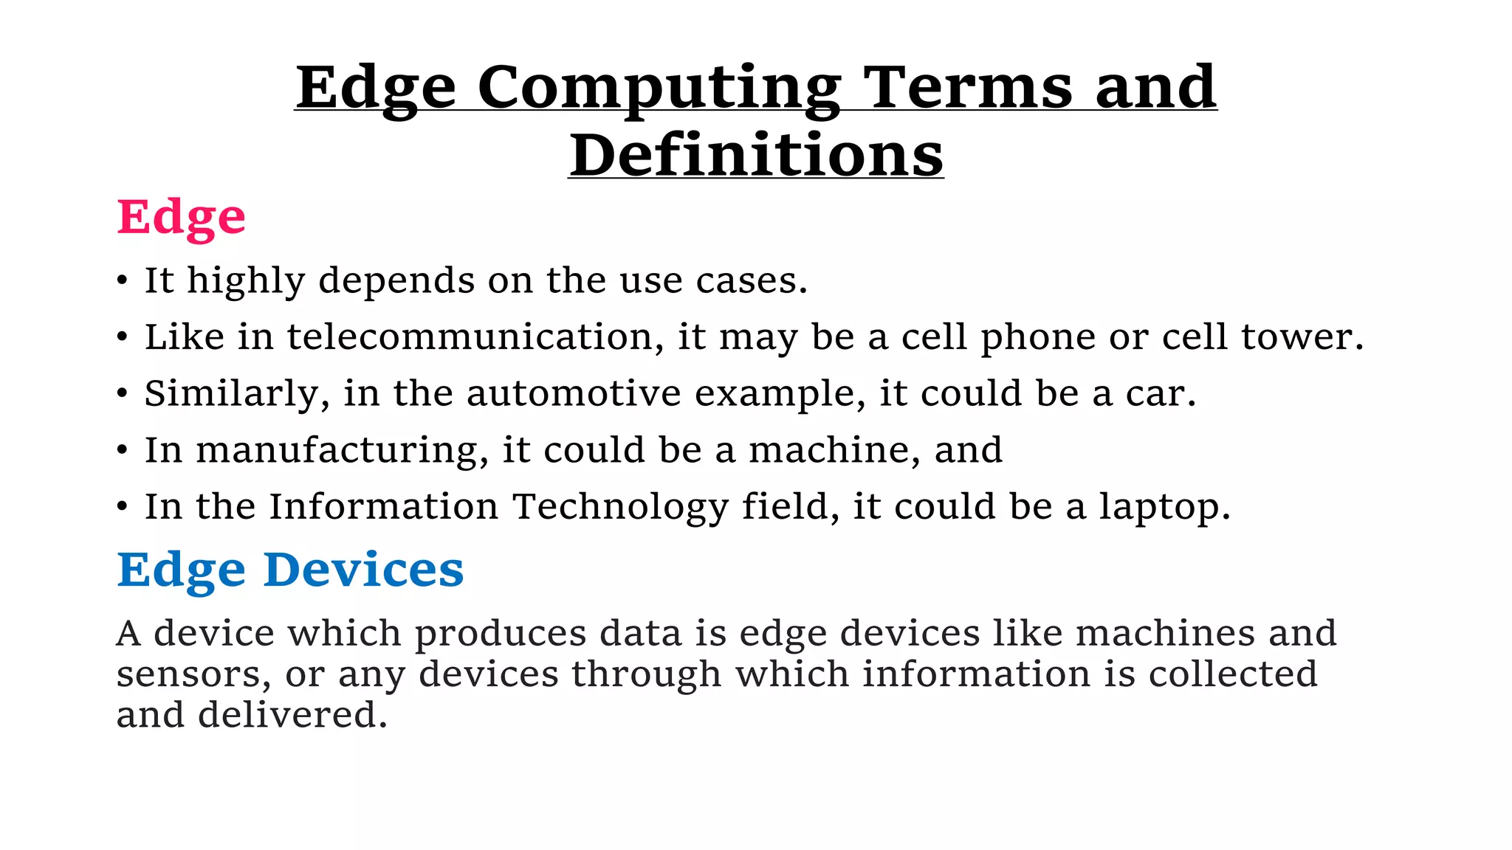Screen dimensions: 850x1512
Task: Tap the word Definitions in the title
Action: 756,156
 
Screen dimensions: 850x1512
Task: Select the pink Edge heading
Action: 181,218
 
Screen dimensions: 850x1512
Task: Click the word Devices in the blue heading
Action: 363,570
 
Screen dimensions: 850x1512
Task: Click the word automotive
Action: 574,393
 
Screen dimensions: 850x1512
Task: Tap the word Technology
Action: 620,508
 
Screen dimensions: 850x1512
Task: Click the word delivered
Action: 292,715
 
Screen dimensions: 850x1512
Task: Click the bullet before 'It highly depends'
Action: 123,281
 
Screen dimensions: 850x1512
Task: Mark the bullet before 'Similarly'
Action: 123,394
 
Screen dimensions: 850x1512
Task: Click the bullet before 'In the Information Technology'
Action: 123,508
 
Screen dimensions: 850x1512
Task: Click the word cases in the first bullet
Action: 751,281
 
